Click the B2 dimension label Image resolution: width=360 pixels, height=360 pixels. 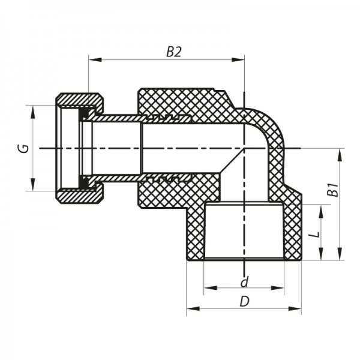click(x=173, y=52)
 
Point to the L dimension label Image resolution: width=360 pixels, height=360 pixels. click(x=313, y=233)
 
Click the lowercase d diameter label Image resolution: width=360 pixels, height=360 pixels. click(x=244, y=281)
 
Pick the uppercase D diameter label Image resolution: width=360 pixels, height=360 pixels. click(x=244, y=301)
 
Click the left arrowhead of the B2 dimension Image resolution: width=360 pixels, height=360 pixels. click(x=93, y=59)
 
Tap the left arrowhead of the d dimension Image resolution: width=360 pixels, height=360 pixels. click(x=208, y=288)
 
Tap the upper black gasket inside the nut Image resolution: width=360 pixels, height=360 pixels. click(x=85, y=112)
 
